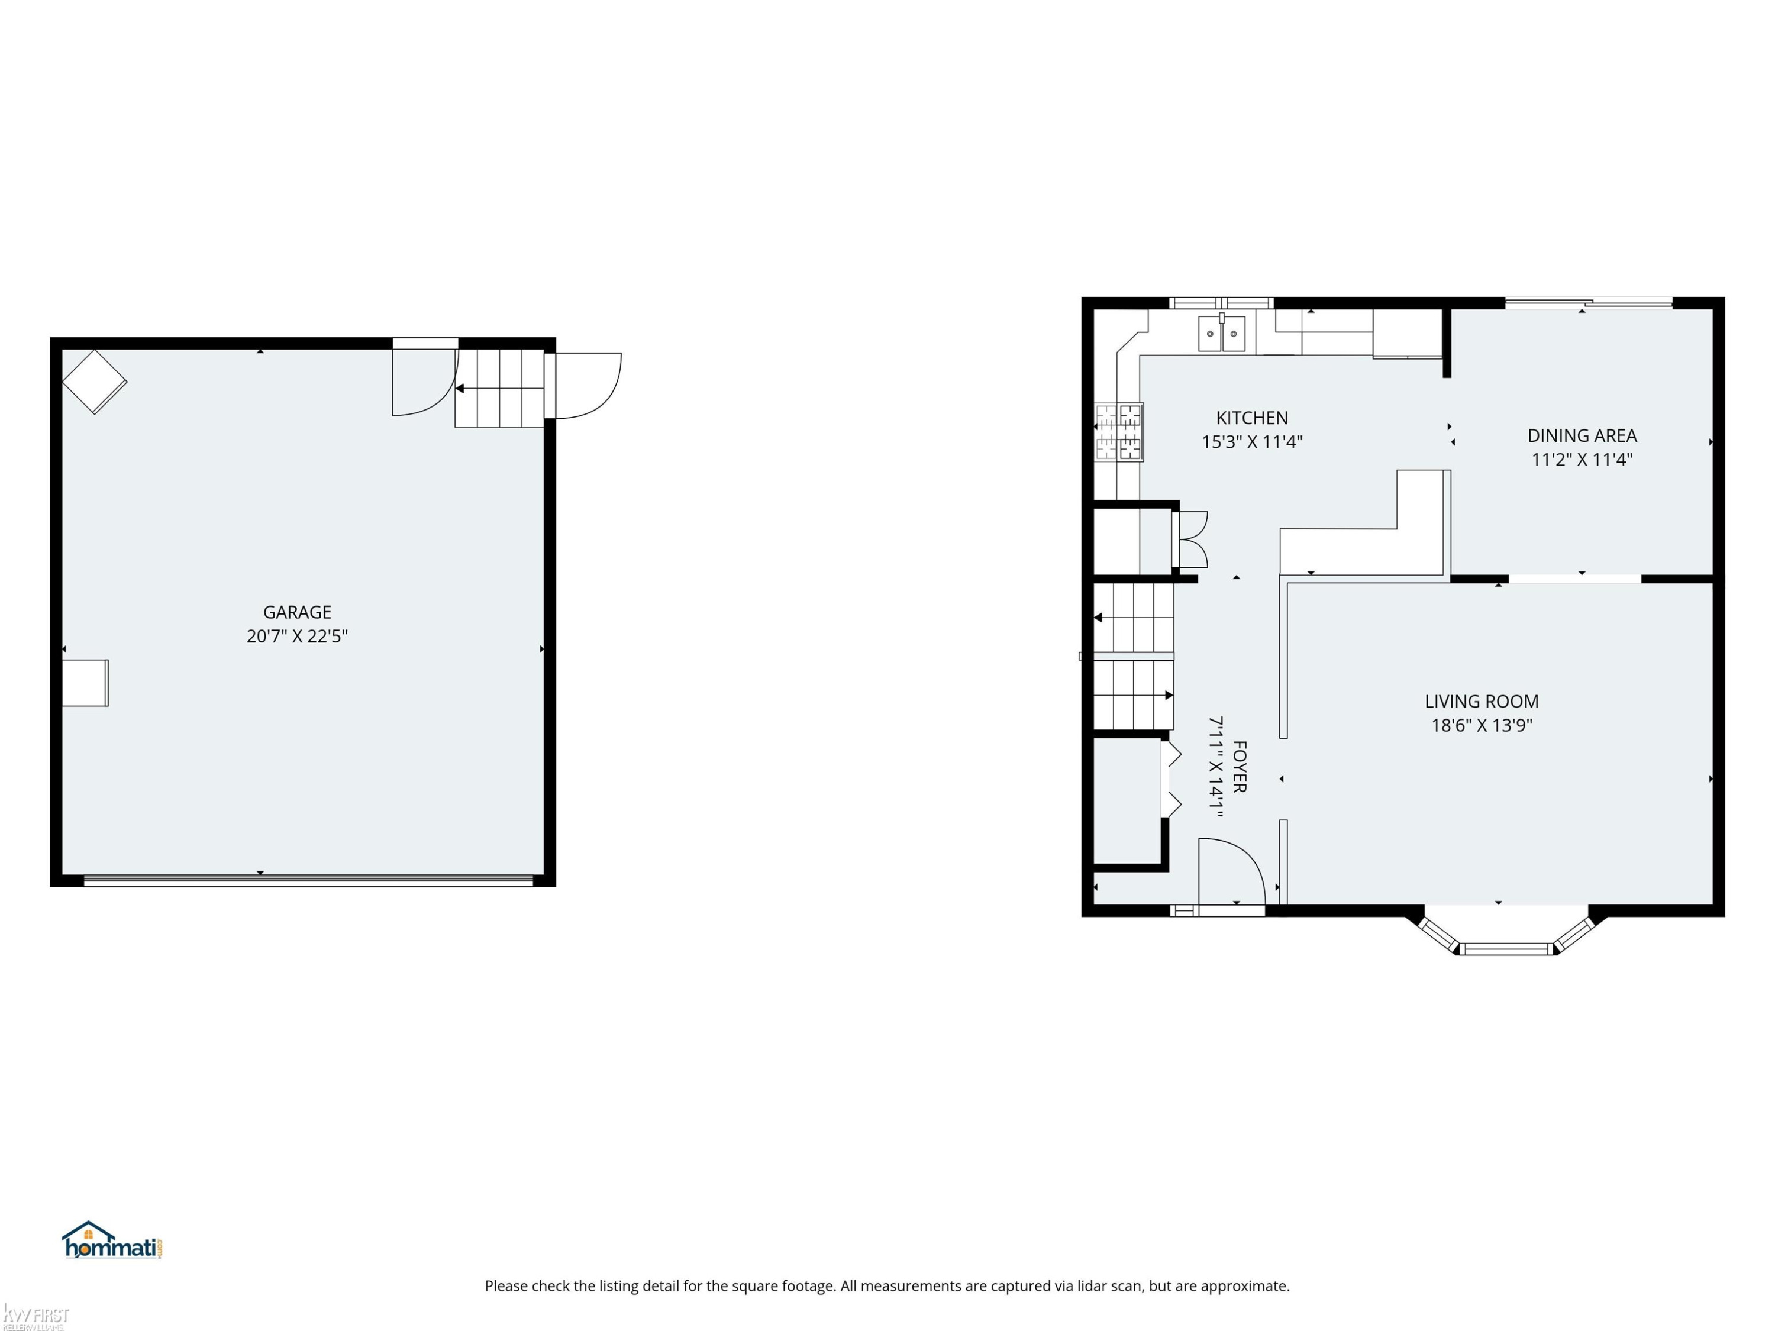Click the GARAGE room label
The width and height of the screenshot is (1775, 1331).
(x=297, y=612)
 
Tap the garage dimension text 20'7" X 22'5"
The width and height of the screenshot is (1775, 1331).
(x=297, y=636)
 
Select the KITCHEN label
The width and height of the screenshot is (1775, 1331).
(x=1252, y=418)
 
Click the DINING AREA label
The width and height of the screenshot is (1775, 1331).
(x=1582, y=435)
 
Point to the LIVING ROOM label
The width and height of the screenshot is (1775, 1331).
(x=1482, y=701)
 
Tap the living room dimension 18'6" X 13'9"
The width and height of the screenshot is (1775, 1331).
(x=1482, y=725)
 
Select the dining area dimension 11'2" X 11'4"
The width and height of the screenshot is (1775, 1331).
(x=1582, y=460)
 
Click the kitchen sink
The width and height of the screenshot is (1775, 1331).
(x=1221, y=334)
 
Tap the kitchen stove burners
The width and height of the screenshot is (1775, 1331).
(x=1119, y=432)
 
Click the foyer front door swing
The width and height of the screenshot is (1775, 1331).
(x=1232, y=871)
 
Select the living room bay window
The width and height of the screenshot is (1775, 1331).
(x=1506, y=933)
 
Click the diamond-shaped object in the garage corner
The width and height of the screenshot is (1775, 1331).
(x=95, y=382)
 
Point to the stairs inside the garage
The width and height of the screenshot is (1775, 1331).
(x=500, y=388)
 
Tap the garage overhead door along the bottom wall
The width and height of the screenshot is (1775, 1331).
(x=308, y=880)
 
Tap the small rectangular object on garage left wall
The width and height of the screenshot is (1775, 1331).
(x=85, y=683)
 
